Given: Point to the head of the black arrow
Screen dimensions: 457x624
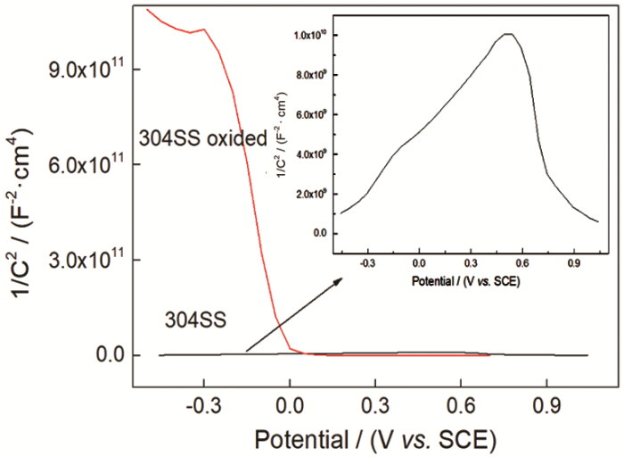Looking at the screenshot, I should point(341,279).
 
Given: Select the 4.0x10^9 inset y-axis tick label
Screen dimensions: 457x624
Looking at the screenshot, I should point(313,154).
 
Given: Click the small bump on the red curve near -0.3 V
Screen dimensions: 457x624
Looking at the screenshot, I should point(204,29).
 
